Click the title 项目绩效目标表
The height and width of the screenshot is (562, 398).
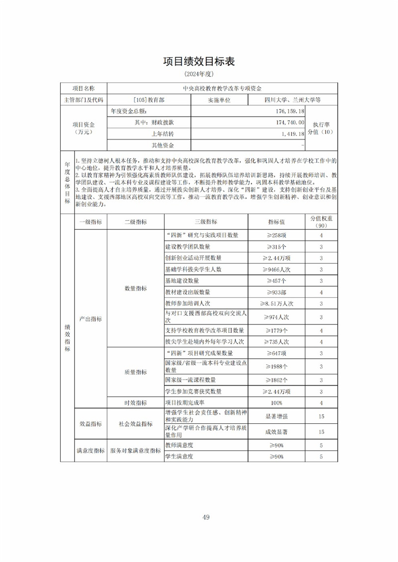point(199,62)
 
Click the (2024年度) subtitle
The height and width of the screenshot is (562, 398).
point(199,74)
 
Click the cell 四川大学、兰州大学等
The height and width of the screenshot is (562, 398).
point(293,100)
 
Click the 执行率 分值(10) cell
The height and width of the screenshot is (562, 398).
point(321,128)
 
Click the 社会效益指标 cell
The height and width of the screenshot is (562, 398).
point(135,424)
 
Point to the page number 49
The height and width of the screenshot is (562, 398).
point(205,517)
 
